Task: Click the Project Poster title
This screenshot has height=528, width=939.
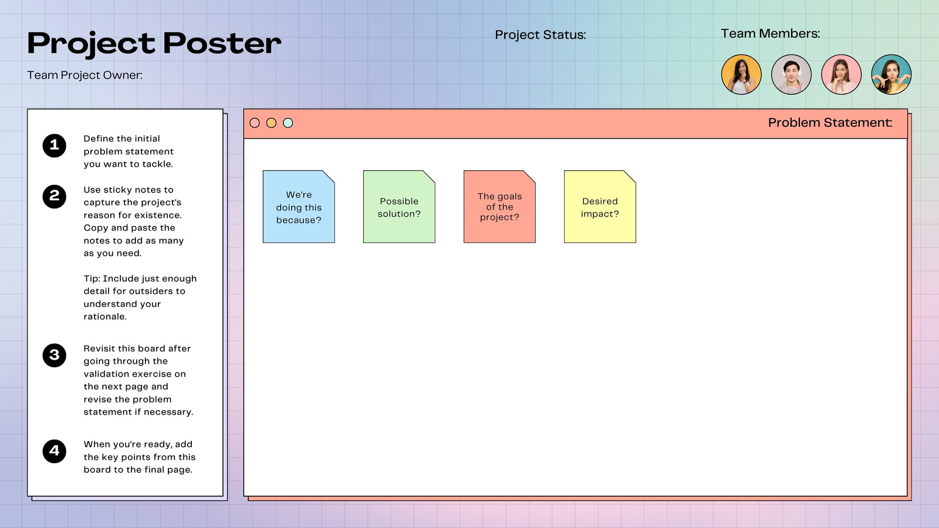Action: pyautogui.click(x=154, y=43)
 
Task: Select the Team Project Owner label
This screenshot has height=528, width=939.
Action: pyautogui.click(x=85, y=75)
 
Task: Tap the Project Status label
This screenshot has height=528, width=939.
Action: pyautogui.click(x=541, y=35)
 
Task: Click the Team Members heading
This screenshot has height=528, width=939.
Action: pyautogui.click(x=770, y=33)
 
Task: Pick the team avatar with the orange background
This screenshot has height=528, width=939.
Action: pyautogui.click(x=741, y=75)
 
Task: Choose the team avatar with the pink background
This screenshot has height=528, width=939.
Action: pyautogui.click(x=842, y=75)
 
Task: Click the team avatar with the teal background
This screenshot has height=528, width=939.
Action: pyautogui.click(x=891, y=75)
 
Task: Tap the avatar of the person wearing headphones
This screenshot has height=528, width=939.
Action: pyautogui.click(x=792, y=75)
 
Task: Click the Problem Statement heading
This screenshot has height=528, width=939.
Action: pyautogui.click(x=830, y=123)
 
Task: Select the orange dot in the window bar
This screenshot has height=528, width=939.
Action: pyautogui.click(x=271, y=123)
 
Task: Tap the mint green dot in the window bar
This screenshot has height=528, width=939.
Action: pyautogui.click(x=288, y=123)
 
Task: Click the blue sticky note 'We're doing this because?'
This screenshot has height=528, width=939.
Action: pyautogui.click(x=299, y=207)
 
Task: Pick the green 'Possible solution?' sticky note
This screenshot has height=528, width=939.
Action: pyautogui.click(x=399, y=207)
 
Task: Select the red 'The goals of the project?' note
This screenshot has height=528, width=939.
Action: pyautogui.click(x=499, y=207)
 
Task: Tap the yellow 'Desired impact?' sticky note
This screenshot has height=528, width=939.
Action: pyautogui.click(x=600, y=207)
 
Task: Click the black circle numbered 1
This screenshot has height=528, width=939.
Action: pyautogui.click(x=55, y=146)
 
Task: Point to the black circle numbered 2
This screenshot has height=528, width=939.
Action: pyautogui.click(x=55, y=197)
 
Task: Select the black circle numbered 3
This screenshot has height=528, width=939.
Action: pyautogui.click(x=55, y=356)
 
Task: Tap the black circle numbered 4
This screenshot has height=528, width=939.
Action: pyautogui.click(x=55, y=451)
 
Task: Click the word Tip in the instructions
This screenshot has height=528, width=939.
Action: pyautogui.click(x=92, y=279)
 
